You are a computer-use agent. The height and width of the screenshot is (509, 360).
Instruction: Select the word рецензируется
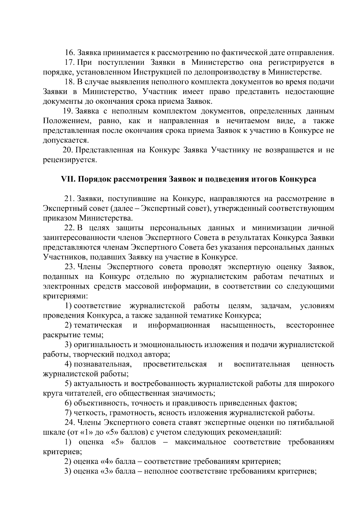click(x=70, y=160)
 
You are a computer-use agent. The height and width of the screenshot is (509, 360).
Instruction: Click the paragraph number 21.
click(x=69, y=199)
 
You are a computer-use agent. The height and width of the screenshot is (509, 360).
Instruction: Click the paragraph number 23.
click(x=69, y=267)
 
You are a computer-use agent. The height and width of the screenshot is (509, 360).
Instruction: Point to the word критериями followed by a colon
click(x=64, y=296)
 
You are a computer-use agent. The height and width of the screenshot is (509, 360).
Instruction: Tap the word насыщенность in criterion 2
click(x=248, y=325)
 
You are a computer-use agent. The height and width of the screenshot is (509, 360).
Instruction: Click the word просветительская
click(x=175, y=364)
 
